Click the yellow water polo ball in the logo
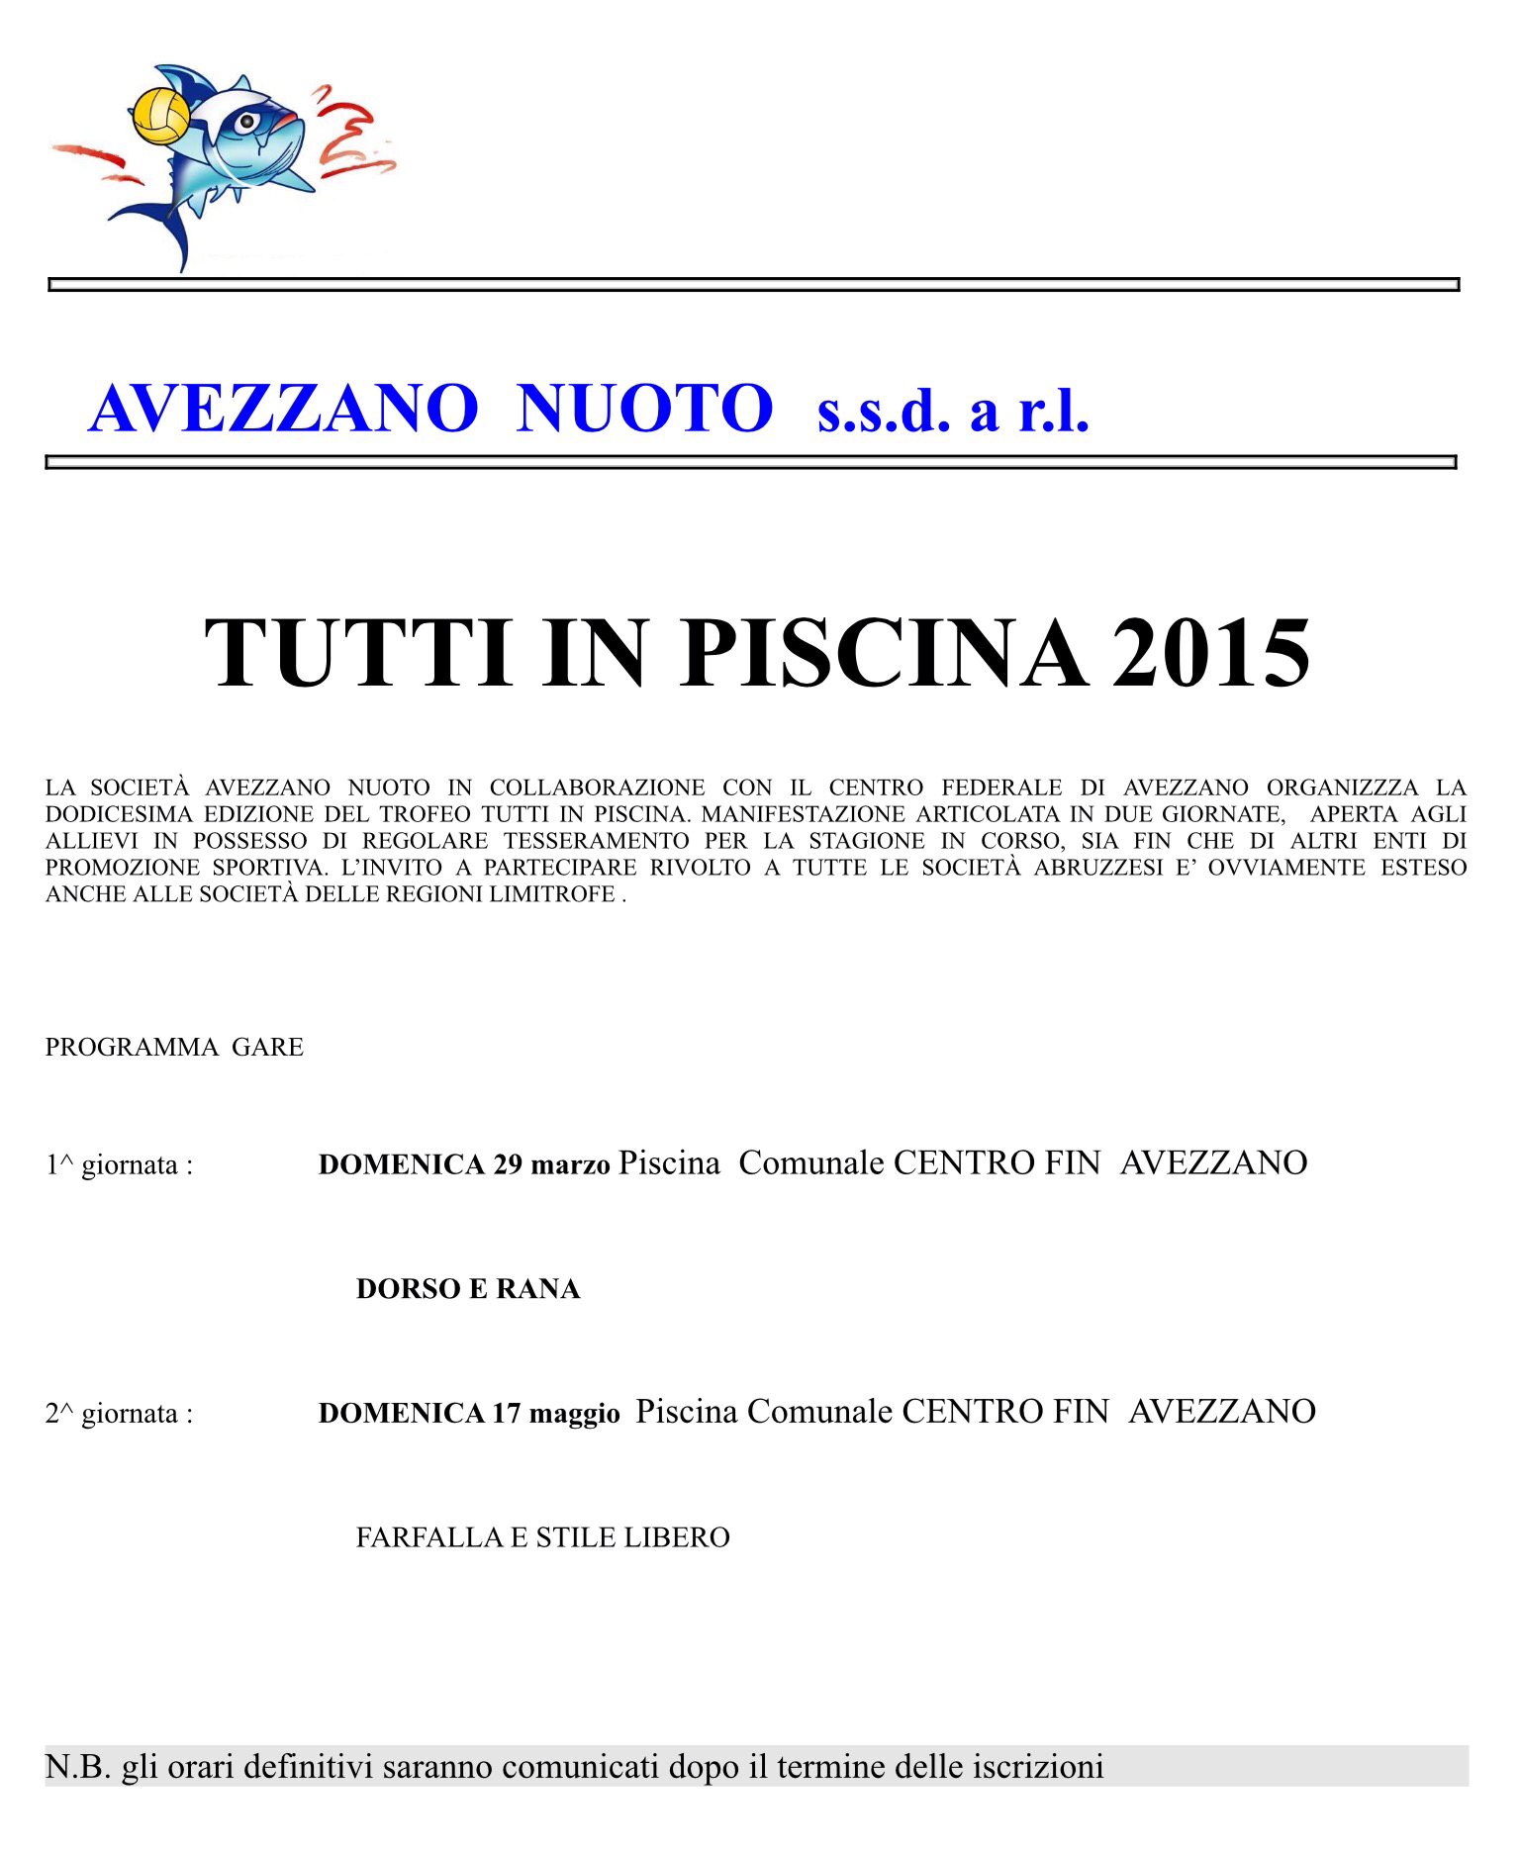pyautogui.click(x=163, y=115)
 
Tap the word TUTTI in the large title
pyautogui.click(x=359, y=653)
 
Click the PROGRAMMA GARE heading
pyautogui.click(x=174, y=1047)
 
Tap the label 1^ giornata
pyautogui.click(x=119, y=1165)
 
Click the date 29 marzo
pyautogui.click(x=551, y=1164)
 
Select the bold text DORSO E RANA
pyautogui.click(x=467, y=1289)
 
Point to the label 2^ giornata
pyautogui.click(x=119, y=1414)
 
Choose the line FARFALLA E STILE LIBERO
pyautogui.click(x=542, y=1537)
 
